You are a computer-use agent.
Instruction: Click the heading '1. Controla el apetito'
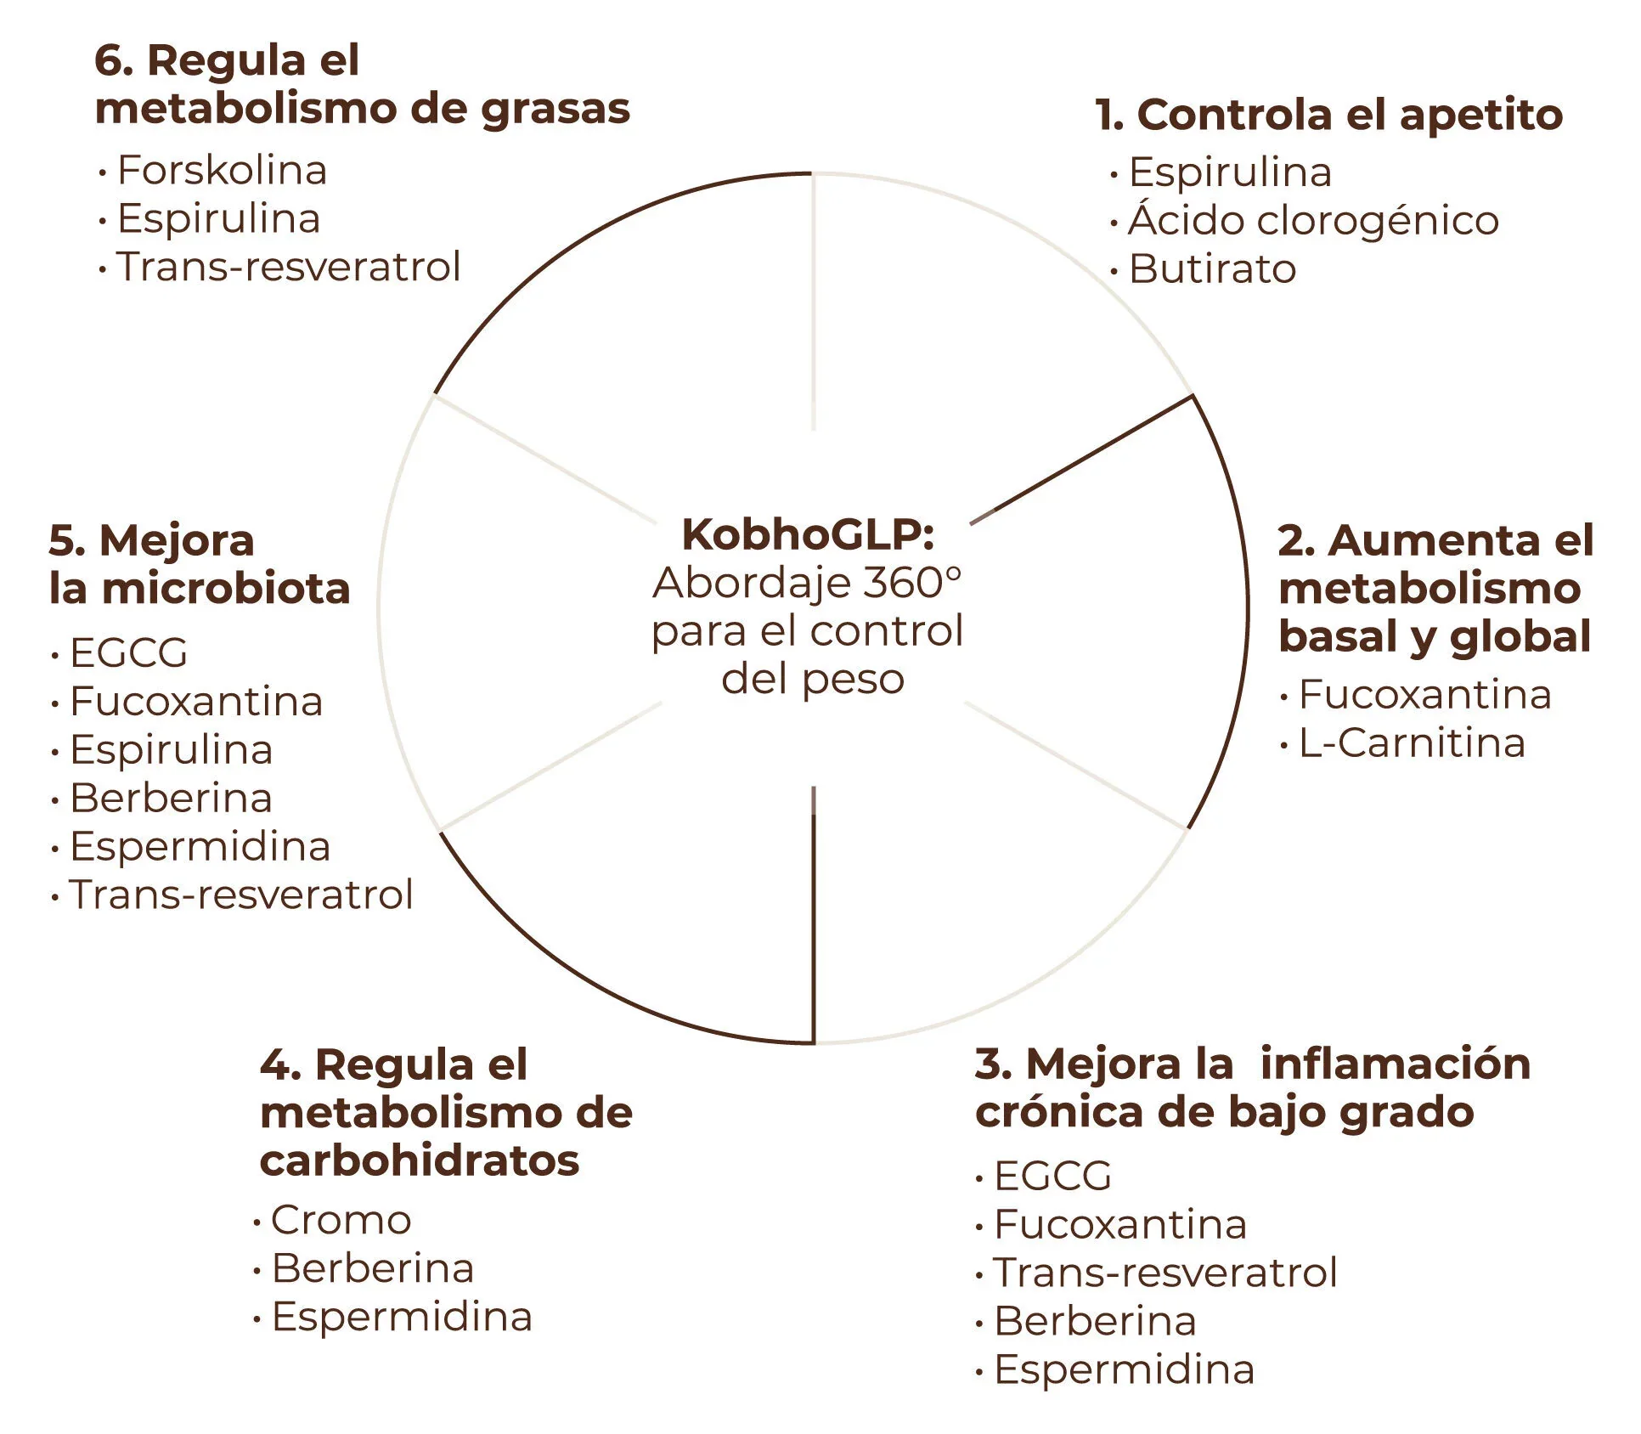coord(1328,115)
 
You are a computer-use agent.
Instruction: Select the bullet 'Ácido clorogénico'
coord(1313,221)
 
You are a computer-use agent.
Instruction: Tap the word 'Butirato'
coord(1212,269)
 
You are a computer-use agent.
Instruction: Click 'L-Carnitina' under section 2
coord(1412,743)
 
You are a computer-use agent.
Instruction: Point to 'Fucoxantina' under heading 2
coord(1424,695)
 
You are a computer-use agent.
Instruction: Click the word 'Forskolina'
coord(222,170)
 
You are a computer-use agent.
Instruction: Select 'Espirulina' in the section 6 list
coord(218,218)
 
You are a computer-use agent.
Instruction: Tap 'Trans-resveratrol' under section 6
coord(288,267)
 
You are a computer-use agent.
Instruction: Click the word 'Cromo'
coord(341,1220)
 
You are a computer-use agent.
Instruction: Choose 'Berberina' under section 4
coord(372,1268)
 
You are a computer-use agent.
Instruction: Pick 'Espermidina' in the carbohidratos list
coord(402,1317)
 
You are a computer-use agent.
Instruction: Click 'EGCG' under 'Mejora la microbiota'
coord(128,653)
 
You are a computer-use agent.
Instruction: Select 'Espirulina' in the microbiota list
coord(171,750)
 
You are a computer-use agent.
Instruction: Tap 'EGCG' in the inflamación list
coord(1052,1177)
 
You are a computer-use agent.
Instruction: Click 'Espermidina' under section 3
coord(1124,1370)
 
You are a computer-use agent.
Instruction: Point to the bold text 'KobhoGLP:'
coord(808,534)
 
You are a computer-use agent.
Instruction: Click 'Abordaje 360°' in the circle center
coord(807,583)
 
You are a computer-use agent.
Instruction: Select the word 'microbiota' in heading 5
coord(225,589)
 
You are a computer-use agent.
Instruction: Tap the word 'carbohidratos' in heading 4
coord(420,1160)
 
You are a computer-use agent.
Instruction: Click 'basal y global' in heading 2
coord(1434,637)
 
